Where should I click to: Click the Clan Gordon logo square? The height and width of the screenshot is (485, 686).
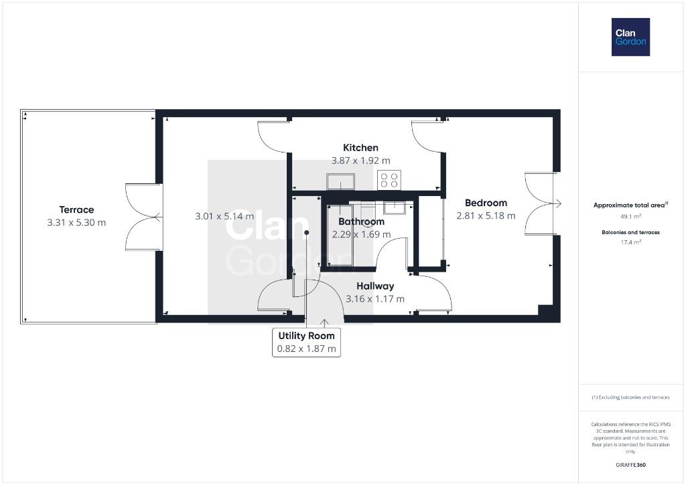(630, 37)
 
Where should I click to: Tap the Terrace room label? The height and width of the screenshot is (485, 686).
(76, 210)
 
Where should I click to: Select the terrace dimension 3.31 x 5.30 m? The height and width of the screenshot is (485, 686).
(76, 222)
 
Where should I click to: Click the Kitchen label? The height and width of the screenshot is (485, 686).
(360, 148)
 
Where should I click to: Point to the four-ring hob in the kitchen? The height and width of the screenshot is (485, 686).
(389, 180)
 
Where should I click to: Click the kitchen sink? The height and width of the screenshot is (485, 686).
(340, 181)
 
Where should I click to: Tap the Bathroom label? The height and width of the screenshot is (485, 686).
(361, 221)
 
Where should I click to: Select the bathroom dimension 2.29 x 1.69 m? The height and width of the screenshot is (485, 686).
(361, 234)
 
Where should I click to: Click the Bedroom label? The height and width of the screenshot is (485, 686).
(486, 203)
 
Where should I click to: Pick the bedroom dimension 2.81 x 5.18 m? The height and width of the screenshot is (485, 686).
(486, 215)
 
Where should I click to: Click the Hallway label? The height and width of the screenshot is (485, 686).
(375, 286)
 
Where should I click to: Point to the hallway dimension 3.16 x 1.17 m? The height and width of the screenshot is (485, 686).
(375, 299)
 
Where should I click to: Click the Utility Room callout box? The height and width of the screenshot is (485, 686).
(306, 342)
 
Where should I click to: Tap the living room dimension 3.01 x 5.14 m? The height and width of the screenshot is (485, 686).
(224, 216)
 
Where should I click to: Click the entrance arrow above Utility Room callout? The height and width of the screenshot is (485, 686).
(324, 323)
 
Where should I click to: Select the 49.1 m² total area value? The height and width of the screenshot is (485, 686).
(631, 216)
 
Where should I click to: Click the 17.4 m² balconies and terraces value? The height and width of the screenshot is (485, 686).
(631, 242)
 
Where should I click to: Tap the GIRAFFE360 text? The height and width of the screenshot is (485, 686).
(630, 465)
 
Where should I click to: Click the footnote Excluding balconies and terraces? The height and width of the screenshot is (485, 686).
(630, 397)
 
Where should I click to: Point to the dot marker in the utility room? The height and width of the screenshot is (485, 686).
(307, 232)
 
